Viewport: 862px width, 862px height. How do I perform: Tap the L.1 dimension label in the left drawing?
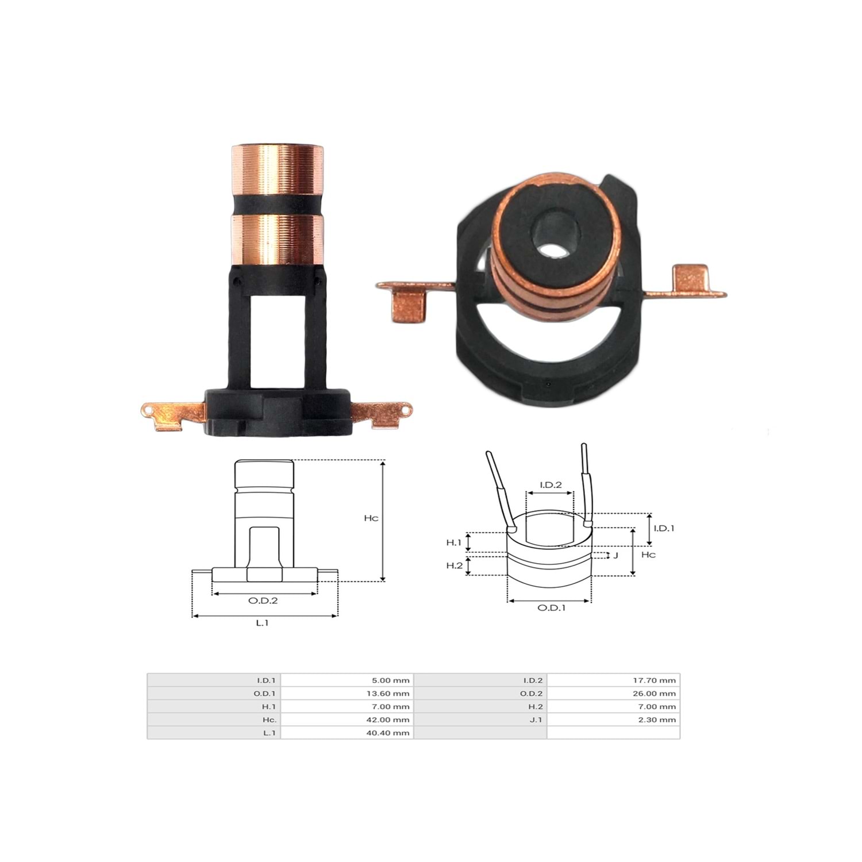263,623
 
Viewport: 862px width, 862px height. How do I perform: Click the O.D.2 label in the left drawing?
263,601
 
